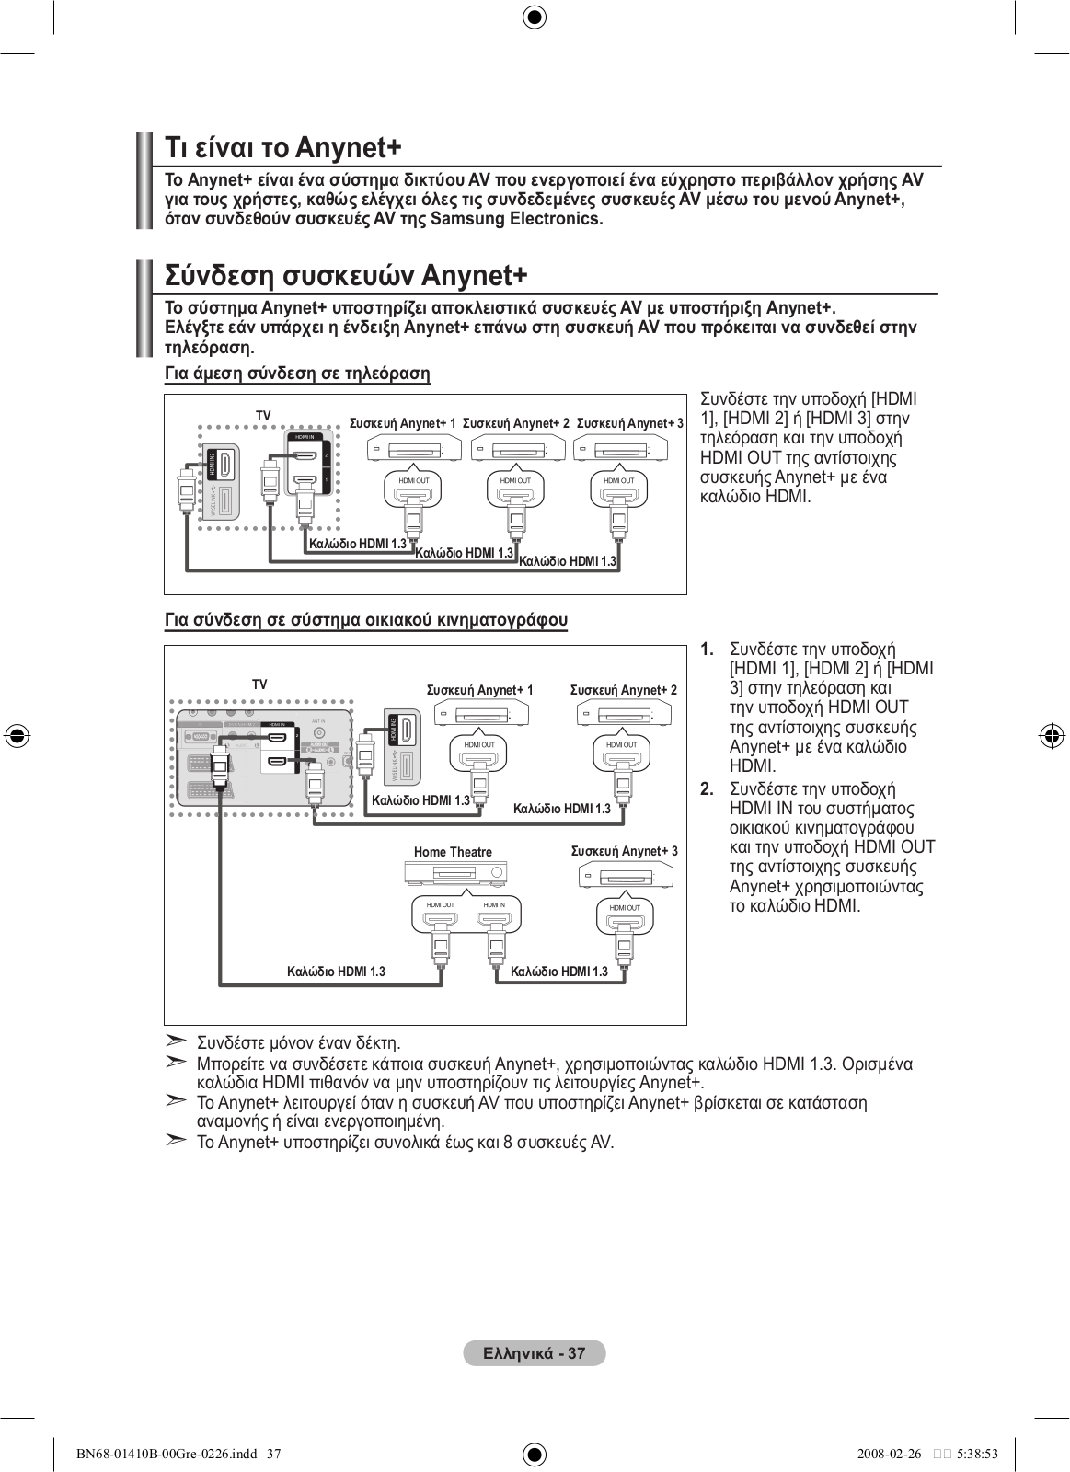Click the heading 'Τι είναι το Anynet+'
pos(283,148)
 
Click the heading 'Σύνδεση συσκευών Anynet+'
pos(346,276)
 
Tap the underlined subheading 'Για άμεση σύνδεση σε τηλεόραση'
pos(297,374)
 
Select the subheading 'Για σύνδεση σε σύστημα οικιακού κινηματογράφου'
pos(365,620)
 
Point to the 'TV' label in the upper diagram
pos(263,416)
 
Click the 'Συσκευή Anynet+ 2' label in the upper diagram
pos(515,423)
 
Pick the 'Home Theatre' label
pos(453,852)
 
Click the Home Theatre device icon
pos(456,873)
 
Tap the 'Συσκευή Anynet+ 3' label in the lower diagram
pos(624,851)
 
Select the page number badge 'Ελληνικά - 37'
pos(535,1353)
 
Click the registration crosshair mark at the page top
pos(535,17)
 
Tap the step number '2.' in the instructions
pos(707,789)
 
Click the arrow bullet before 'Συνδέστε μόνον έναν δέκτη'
pos(176,1041)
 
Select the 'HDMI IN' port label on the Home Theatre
pos(494,905)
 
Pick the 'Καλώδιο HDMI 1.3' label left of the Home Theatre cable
pos(336,972)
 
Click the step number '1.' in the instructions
pos(707,650)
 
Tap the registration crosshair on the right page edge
pos(1052,736)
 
